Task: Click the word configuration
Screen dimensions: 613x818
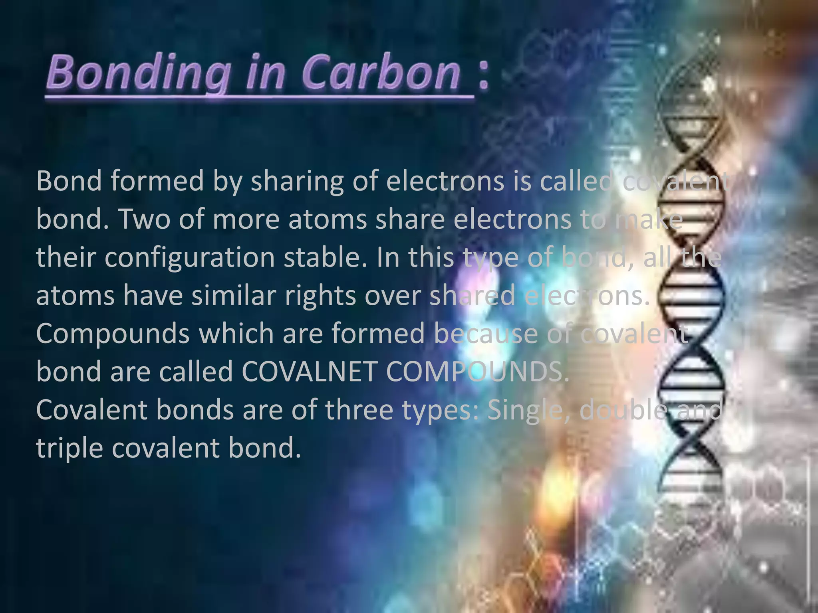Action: point(190,257)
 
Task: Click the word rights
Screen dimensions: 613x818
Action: point(320,295)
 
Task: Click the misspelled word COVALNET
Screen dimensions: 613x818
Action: point(309,372)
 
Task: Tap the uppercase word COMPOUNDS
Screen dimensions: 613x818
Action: point(477,372)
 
